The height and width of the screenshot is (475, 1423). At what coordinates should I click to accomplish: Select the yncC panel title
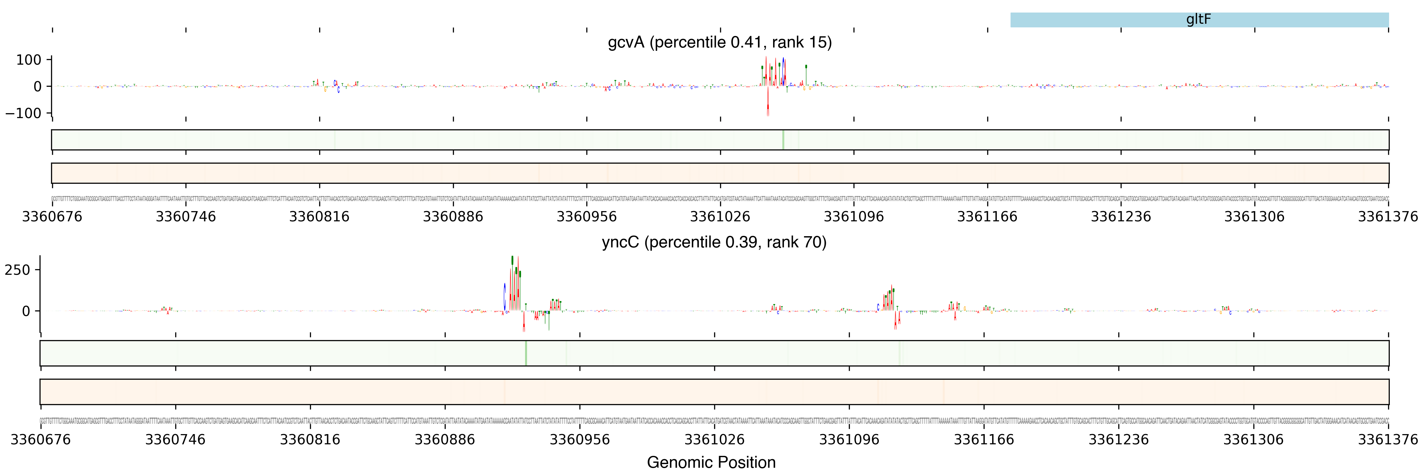[714, 242]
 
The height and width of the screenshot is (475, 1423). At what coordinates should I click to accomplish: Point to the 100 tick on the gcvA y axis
[29, 60]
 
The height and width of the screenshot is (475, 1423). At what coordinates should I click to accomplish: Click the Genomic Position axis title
[711, 462]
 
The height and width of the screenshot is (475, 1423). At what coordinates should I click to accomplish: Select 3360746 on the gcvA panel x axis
[185, 216]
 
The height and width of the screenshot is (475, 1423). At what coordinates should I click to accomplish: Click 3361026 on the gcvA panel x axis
[720, 216]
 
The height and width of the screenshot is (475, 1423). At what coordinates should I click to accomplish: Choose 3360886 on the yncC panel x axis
[445, 440]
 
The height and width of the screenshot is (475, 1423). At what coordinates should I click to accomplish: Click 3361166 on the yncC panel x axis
[984, 440]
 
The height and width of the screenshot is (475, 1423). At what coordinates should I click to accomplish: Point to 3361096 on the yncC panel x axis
[849, 440]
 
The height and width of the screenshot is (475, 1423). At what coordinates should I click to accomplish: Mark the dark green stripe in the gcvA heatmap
[783, 140]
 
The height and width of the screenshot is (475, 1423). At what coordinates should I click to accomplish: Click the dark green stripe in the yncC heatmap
[526, 353]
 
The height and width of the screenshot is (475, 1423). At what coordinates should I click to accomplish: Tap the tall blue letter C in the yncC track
[504, 297]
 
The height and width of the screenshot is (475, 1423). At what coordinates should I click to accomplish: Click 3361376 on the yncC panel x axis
[1388, 440]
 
